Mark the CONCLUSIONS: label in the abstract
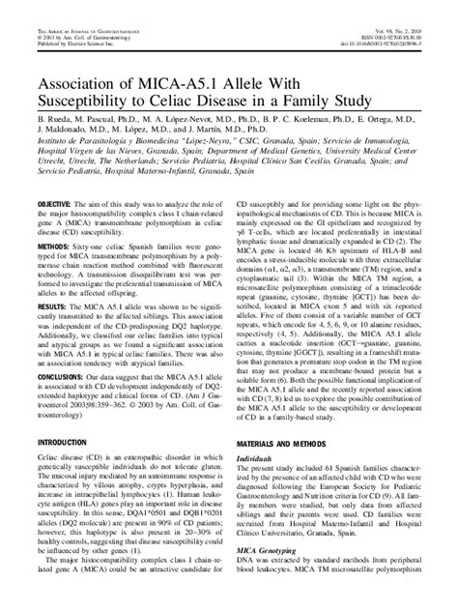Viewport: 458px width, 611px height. point(67,399)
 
